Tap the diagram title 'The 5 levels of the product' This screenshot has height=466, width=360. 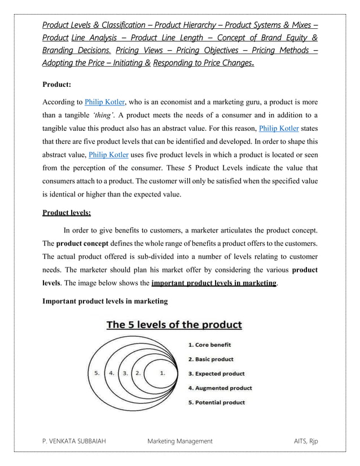click(174, 325)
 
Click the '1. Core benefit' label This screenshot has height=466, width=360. click(209, 344)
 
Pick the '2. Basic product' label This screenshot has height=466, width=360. click(210, 359)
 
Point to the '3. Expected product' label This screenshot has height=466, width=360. click(216, 373)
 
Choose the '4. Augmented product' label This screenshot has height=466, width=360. click(219, 388)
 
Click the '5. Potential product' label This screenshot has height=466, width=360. click(217, 402)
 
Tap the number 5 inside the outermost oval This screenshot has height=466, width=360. click(97, 372)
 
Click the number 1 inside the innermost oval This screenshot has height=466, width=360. click(163, 372)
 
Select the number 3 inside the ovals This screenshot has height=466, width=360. click(125, 372)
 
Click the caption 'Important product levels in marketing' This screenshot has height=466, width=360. click(106, 301)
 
